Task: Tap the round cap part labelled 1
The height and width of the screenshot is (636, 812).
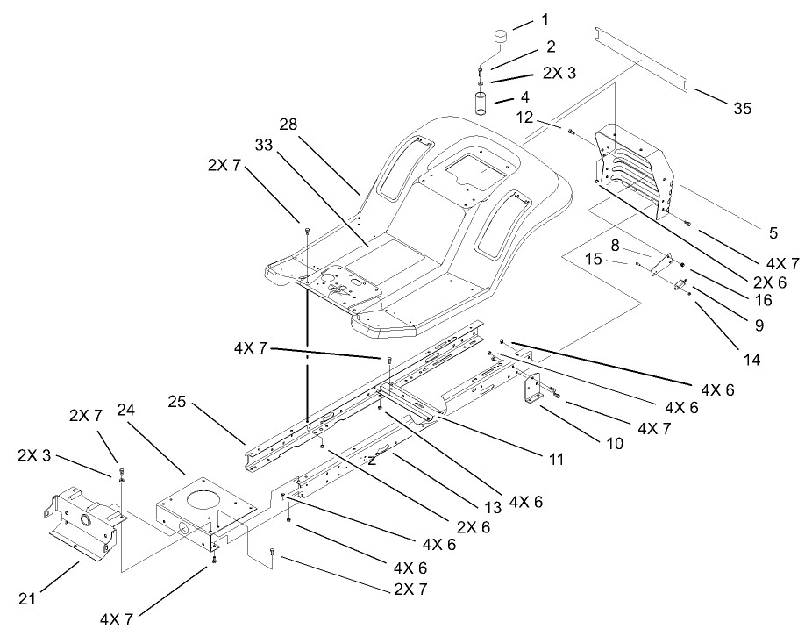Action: pos(500,38)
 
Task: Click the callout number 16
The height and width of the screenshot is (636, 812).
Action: pos(764,299)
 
